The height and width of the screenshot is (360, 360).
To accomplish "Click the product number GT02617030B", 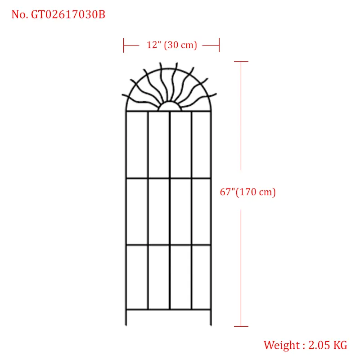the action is tap(68, 14).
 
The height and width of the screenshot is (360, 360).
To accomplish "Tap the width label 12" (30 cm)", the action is tap(172, 45).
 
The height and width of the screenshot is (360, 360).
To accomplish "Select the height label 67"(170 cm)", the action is tap(248, 192).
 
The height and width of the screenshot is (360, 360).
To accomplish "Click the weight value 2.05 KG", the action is tap(328, 345).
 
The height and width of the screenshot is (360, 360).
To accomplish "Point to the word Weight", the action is tap(282, 345).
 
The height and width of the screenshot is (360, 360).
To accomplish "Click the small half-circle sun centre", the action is tap(170, 106).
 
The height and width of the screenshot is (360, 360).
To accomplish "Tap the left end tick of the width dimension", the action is tap(123, 45).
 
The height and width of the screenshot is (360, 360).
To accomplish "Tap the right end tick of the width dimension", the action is tap(219, 45).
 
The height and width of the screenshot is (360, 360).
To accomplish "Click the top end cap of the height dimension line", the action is tap(241, 62).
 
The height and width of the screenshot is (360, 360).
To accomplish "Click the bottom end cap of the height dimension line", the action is tap(241, 326).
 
